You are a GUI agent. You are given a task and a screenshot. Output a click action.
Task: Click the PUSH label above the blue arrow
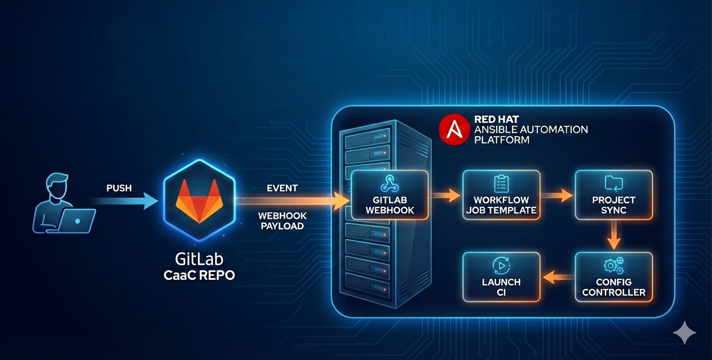coord(119,188)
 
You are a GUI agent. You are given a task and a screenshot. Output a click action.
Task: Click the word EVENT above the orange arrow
coord(282,188)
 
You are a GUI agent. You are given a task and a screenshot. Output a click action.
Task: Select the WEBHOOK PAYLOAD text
coord(282,221)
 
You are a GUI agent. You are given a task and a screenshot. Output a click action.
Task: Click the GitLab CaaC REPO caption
coord(199,267)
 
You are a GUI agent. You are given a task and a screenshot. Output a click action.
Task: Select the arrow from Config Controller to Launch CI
coord(557,277)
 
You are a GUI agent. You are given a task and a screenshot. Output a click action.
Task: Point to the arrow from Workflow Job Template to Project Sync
coord(557,196)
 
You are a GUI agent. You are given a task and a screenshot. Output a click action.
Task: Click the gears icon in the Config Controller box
coord(614,266)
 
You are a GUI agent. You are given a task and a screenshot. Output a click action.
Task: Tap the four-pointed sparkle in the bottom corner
coord(684,333)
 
